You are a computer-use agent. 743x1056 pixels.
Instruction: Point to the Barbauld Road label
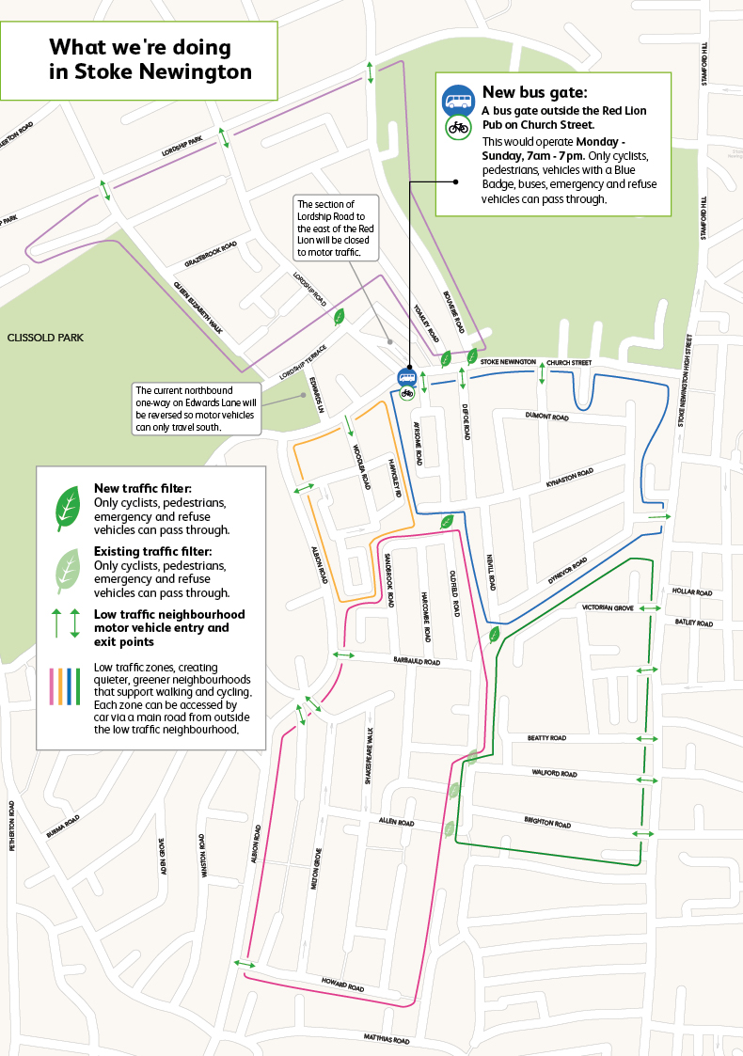[417, 661]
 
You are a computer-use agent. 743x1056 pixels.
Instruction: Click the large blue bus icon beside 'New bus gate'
[458, 101]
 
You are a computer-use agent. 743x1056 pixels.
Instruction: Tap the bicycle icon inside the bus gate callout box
[458, 127]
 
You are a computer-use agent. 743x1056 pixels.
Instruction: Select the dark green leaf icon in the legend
[69, 509]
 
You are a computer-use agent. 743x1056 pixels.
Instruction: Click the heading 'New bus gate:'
[534, 92]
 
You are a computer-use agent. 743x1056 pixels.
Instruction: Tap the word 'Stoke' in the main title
[80, 71]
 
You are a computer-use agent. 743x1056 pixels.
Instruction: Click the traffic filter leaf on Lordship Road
[340, 316]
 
